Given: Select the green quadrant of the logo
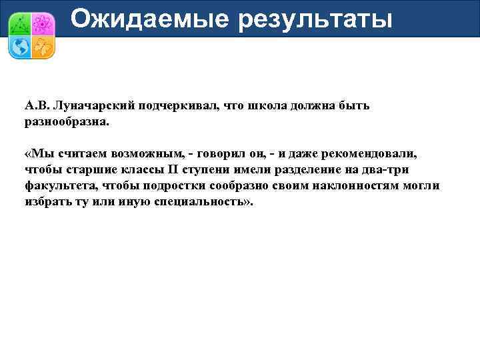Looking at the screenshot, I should [20, 23].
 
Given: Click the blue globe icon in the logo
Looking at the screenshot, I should [20, 46].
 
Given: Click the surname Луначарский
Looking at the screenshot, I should [96, 106].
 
